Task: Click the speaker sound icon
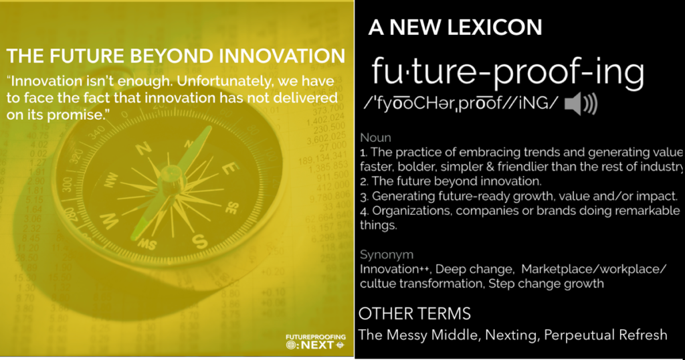coord(581,104)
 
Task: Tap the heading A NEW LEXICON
coord(455,27)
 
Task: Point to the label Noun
coord(375,138)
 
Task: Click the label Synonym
coord(387,255)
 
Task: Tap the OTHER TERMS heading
coord(415,314)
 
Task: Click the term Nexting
coord(510,335)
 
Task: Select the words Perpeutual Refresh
coord(605,335)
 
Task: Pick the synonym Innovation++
coord(395,269)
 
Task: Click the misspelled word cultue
coord(377,284)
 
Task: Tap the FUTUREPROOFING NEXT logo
coord(316,342)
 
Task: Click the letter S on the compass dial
coord(199,241)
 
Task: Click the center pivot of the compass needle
coord(169,173)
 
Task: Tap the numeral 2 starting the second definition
coord(364,182)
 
